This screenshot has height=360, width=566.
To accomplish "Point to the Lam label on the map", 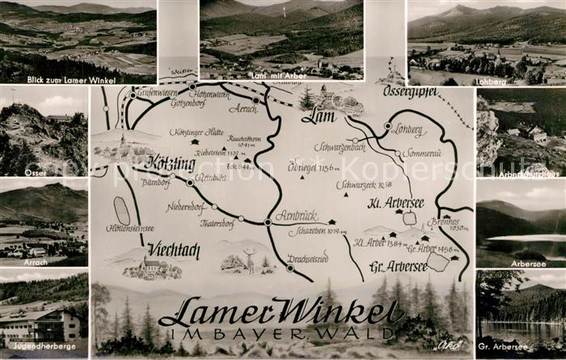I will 319,116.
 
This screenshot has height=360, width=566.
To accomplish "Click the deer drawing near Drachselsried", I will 250,260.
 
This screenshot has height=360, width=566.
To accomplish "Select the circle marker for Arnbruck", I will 268,222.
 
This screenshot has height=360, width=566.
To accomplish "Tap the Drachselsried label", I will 307,258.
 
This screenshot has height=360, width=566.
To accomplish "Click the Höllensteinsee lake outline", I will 122,210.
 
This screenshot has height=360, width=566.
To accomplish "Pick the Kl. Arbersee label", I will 395,201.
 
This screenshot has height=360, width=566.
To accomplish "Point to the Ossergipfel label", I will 411,91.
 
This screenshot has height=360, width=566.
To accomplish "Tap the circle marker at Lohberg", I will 388,127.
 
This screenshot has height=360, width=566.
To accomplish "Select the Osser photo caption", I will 15,172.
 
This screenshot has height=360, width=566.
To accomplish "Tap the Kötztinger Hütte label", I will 197,131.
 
